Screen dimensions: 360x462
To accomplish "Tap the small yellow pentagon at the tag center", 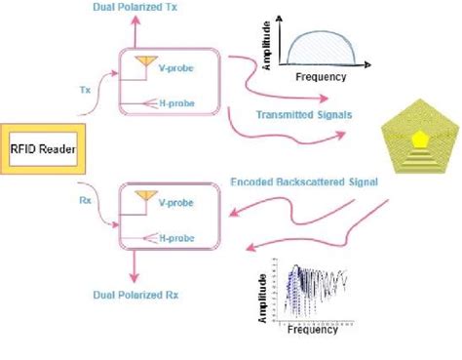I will click(x=418, y=140).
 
